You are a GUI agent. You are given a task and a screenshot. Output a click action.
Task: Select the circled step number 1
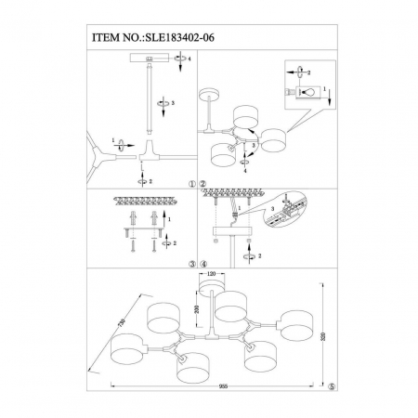pyautogui.click(x=192, y=183)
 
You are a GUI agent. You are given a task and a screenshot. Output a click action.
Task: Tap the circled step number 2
pyautogui.click(x=202, y=183)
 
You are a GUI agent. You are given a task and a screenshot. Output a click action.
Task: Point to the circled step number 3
pyautogui.click(x=192, y=264)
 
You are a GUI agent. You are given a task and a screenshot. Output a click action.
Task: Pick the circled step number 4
pyautogui.click(x=202, y=264)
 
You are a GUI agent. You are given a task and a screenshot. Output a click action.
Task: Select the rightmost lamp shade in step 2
pyautogui.click(x=273, y=140)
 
